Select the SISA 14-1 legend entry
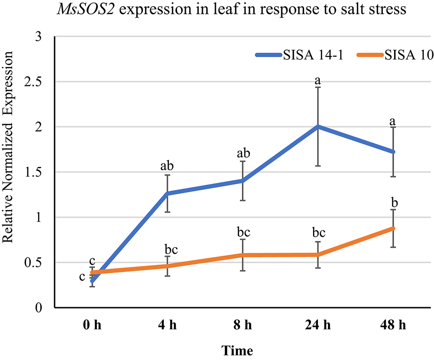[303, 55]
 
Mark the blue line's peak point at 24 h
[318, 127]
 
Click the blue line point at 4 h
[168, 193]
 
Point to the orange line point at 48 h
[393, 228]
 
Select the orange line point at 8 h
[243, 255]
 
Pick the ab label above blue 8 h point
[243, 153]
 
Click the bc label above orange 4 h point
[168, 248]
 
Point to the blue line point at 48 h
[393, 152]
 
